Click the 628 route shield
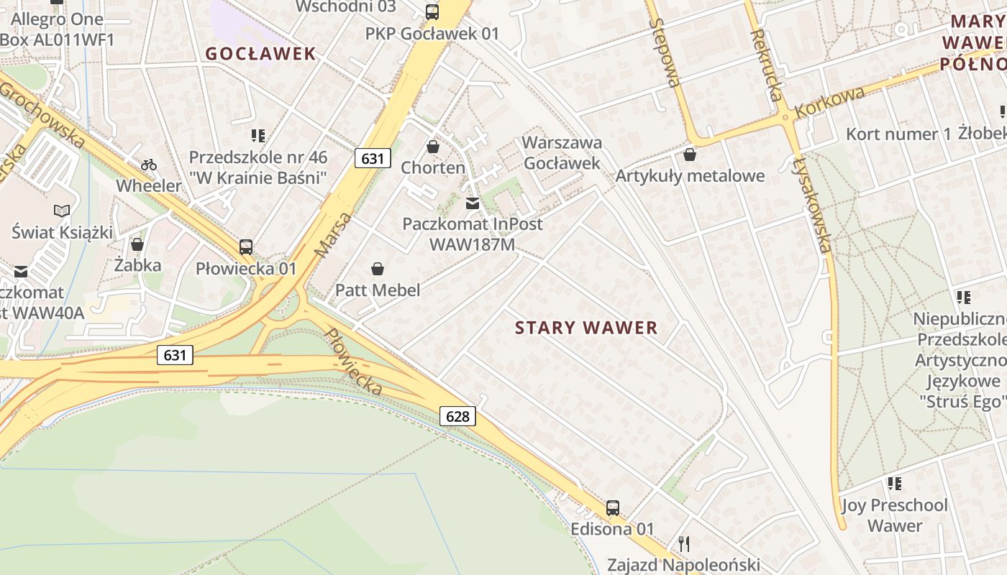[457, 416]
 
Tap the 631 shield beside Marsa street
[372, 158]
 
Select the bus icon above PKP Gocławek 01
[432, 11]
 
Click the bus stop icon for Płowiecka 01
[246, 247]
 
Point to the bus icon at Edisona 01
[613, 508]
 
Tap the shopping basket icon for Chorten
[433, 147]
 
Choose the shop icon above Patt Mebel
[378, 270]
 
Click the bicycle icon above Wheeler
[149, 165]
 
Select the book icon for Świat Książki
[63, 211]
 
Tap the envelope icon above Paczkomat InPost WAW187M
[473, 203]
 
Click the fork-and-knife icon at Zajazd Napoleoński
[683, 543]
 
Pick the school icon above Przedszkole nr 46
[258, 136]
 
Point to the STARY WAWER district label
[586, 328]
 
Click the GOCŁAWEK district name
[260, 54]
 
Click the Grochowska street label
[42, 114]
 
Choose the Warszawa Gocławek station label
[562, 152]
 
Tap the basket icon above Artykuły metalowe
[690, 155]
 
